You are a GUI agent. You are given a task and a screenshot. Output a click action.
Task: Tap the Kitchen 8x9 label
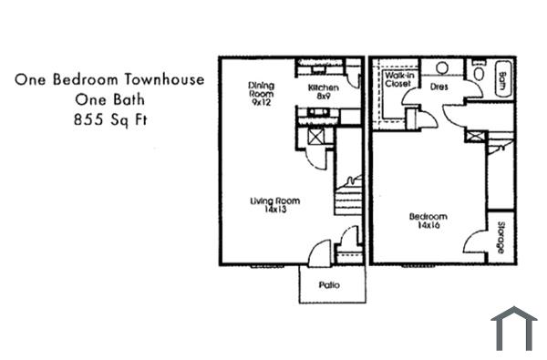(323, 90)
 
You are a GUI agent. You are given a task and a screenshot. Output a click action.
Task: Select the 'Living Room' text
(275, 205)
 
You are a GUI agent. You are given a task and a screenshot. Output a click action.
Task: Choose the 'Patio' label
(329, 285)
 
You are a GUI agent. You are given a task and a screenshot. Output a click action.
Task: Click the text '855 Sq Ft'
(108, 119)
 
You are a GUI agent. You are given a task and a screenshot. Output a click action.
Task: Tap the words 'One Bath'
(108, 99)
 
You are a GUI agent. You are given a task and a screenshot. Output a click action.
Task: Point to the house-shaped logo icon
(513, 329)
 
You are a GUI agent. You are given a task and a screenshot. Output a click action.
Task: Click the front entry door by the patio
(319, 254)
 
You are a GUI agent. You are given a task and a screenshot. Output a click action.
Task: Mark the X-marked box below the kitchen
(316, 136)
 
